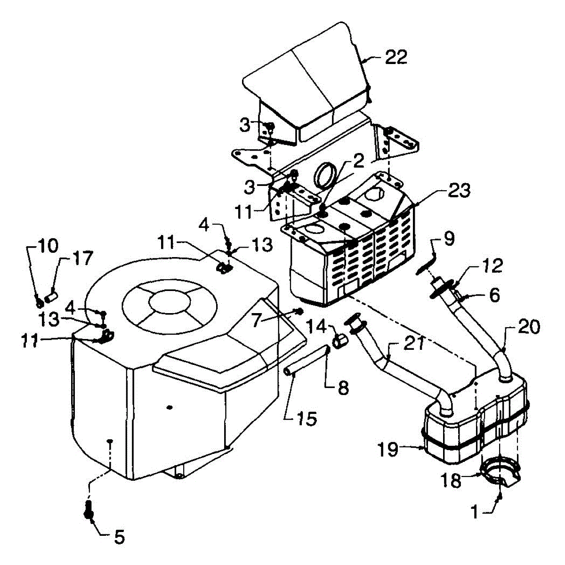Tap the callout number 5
tap(120, 537)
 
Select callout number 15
tap(307, 419)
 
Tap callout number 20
tap(528, 327)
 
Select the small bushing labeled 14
tap(340, 341)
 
